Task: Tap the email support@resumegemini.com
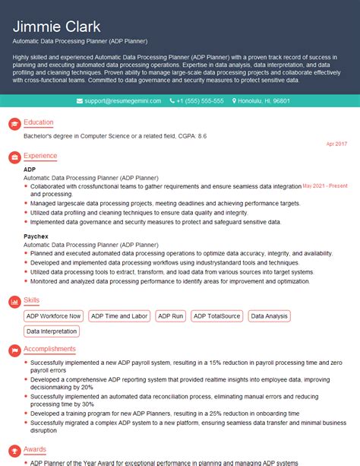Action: [x=118, y=101]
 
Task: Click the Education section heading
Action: [x=39, y=122]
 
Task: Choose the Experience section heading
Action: [x=40, y=156]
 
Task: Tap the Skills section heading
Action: [x=31, y=301]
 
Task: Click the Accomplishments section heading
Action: [x=49, y=349]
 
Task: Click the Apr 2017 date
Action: [x=336, y=144]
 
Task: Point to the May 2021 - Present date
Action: [x=325, y=185]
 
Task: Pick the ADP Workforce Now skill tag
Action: [x=53, y=316]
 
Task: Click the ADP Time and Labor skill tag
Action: [x=119, y=316]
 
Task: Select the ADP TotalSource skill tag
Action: [x=216, y=316]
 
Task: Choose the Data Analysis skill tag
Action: [x=269, y=316]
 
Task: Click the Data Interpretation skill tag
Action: [x=52, y=331]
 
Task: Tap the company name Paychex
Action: [x=35, y=237]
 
